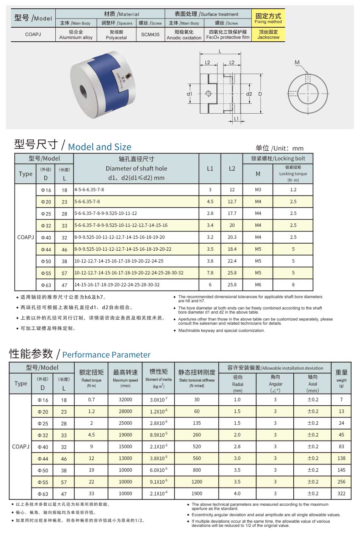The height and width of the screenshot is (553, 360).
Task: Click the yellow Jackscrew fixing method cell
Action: click(x=268, y=34)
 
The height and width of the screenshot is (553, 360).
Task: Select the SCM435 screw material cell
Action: click(x=150, y=34)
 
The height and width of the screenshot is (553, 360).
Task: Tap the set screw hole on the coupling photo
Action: click(x=129, y=77)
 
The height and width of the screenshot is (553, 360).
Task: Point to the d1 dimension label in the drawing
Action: click(x=189, y=94)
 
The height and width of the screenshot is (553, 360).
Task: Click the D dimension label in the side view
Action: click(x=260, y=94)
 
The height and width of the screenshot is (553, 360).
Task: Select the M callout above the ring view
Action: click(x=297, y=62)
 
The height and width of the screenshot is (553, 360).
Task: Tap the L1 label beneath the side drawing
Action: click(x=236, y=119)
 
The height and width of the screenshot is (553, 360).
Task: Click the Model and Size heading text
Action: click(x=100, y=147)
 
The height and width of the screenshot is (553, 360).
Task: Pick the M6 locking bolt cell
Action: click(x=258, y=284)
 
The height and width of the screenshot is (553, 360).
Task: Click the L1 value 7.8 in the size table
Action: click(x=210, y=273)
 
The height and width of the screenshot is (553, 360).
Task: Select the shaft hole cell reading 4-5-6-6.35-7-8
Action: click(x=89, y=189)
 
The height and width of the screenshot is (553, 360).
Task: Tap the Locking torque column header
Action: click(x=293, y=174)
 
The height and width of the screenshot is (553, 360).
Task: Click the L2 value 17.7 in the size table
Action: click(x=232, y=213)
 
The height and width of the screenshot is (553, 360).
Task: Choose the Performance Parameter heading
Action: click(x=106, y=355)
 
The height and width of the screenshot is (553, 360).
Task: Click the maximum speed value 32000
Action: click(x=125, y=400)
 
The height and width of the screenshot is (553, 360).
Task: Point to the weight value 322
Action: click(x=341, y=494)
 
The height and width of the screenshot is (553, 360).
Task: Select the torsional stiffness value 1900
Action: click(x=197, y=494)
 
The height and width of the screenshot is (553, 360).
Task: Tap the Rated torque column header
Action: click(x=91, y=380)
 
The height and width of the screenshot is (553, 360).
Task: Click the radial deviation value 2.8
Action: click(x=237, y=447)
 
